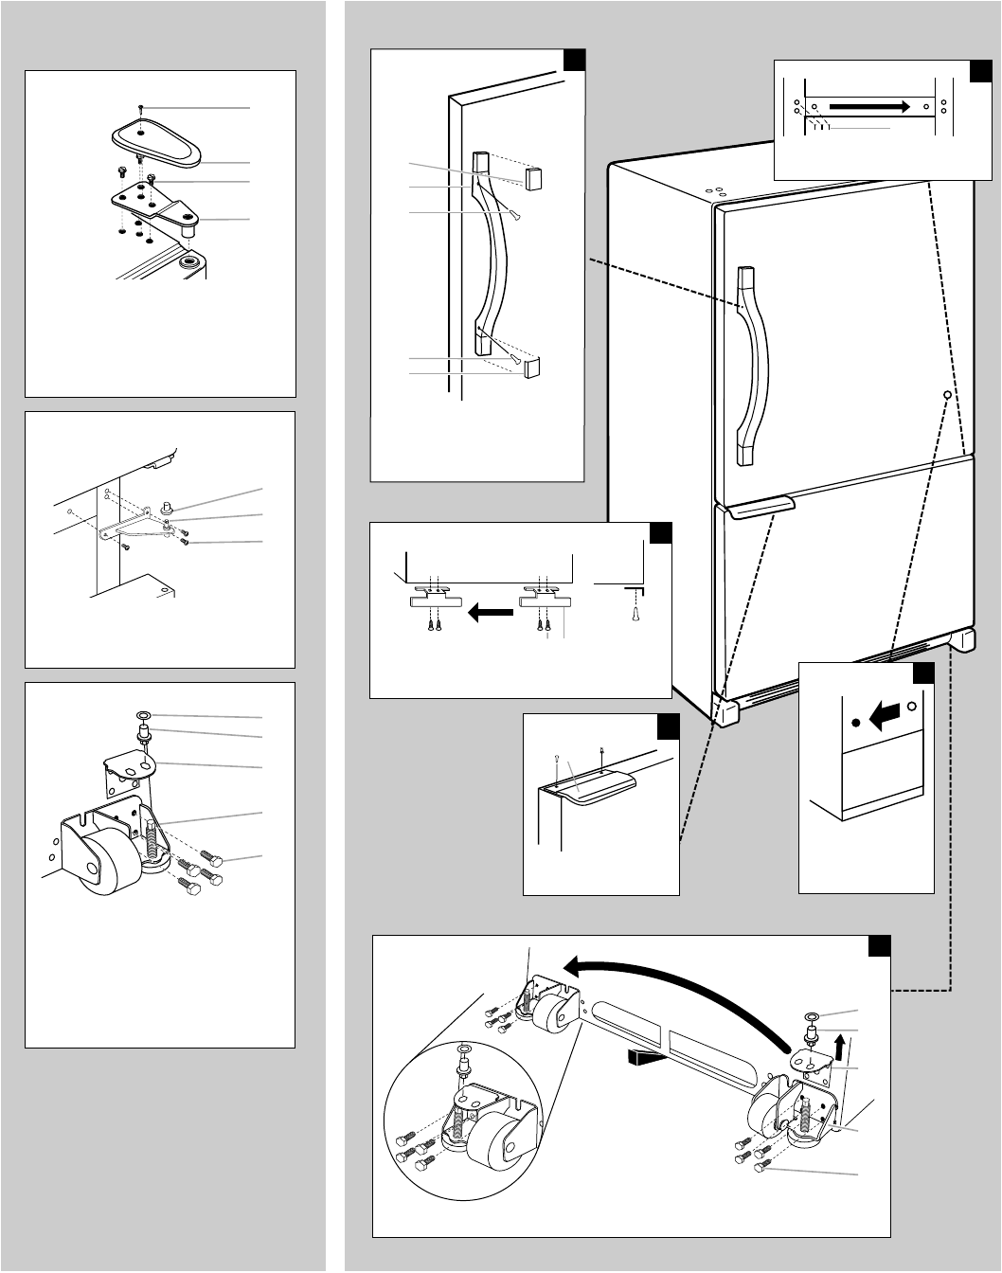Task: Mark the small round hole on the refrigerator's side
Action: [x=945, y=394]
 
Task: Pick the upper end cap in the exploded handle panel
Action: [x=530, y=176]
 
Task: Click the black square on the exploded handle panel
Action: [x=573, y=60]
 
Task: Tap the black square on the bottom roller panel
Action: [x=879, y=947]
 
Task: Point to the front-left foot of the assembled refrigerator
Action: [x=725, y=712]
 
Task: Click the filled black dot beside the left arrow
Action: [x=856, y=723]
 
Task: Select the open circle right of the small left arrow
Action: [x=912, y=707]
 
